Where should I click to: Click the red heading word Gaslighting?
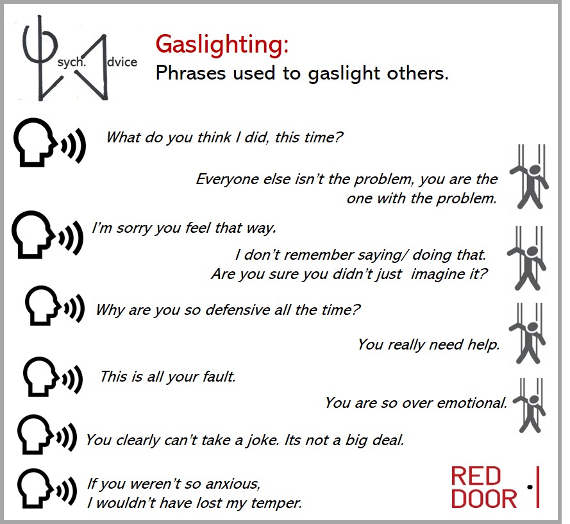[222, 45]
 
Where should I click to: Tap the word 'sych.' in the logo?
[72, 62]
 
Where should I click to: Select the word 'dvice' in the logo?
[122, 62]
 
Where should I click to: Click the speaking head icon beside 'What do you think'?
[49, 142]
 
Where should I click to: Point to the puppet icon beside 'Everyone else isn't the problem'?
[530, 176]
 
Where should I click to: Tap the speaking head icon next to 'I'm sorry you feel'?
[47, 235]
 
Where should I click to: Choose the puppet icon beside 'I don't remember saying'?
[527, 258]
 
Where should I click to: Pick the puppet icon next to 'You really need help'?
[527, 334]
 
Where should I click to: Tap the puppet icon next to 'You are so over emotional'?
[529, 405]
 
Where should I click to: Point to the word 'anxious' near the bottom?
[232, 484]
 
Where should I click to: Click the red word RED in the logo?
[476, 476]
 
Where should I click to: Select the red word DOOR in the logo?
[484, 498]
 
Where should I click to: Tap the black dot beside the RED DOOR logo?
[530, 487]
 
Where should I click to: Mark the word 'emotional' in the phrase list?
[472, 403]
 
